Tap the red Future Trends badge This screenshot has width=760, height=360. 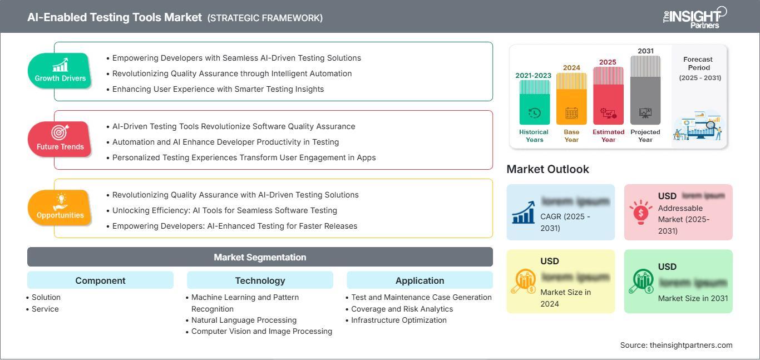click(x=60, y=139)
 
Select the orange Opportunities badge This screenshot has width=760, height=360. click(x=60, y=208)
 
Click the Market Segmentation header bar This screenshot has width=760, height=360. click(x=260, y=257)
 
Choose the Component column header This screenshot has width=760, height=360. click(x=100, y=280)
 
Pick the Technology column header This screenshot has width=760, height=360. click(x=260, y=280)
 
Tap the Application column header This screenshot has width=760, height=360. click(x=420, y=280)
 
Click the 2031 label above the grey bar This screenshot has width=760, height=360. click(x=645, y=51)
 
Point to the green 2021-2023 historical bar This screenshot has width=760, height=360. click(x=534, y=103)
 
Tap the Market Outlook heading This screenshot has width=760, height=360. click(x=547, y=169)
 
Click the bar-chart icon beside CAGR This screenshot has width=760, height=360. click(x=524, y=212)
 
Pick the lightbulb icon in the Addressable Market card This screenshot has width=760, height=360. click(x=641, y=212)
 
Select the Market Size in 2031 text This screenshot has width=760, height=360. click(x=693, y=298)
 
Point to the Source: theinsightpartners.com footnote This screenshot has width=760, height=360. click(x=676, y=345)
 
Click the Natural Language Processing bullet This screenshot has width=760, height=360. click(x=244, y=320)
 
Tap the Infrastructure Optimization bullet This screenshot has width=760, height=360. click(x=398, y=320)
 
